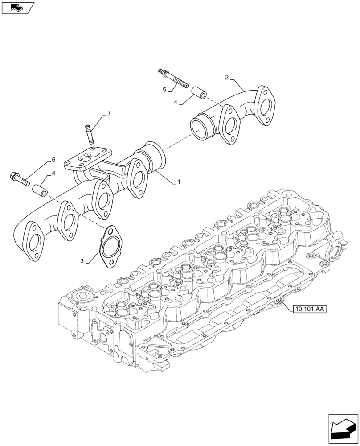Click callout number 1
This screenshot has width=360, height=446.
[x=179, y=182]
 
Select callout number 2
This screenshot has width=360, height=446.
[x=227, y=78]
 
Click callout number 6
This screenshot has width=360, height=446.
[x=53, y=160]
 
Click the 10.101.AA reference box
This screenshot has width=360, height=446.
[x=310, y=308]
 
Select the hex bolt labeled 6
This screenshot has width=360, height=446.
[x=18, y=178]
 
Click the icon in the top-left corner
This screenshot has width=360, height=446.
[x=17, y=7]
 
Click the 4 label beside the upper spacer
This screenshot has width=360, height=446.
[x=176, y=102]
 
